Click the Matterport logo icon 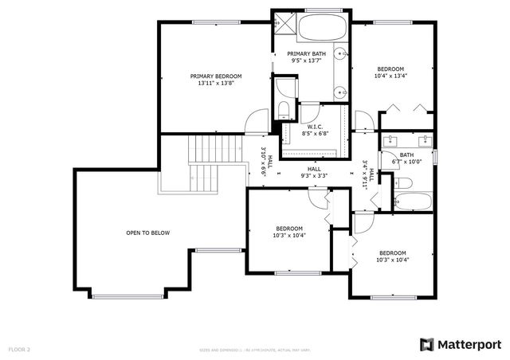coord(427,344)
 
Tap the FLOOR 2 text coord(19,349)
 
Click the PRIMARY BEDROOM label coord(215,76)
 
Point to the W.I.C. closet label coord(314,127)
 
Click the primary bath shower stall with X coord(284,22)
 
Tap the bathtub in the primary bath coord(322,29)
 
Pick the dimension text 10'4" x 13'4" coord(390,77)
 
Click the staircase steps coord(206,163)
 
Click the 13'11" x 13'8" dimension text coord(215,84)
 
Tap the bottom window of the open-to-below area coord(127,297)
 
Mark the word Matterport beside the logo coord(470,344)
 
